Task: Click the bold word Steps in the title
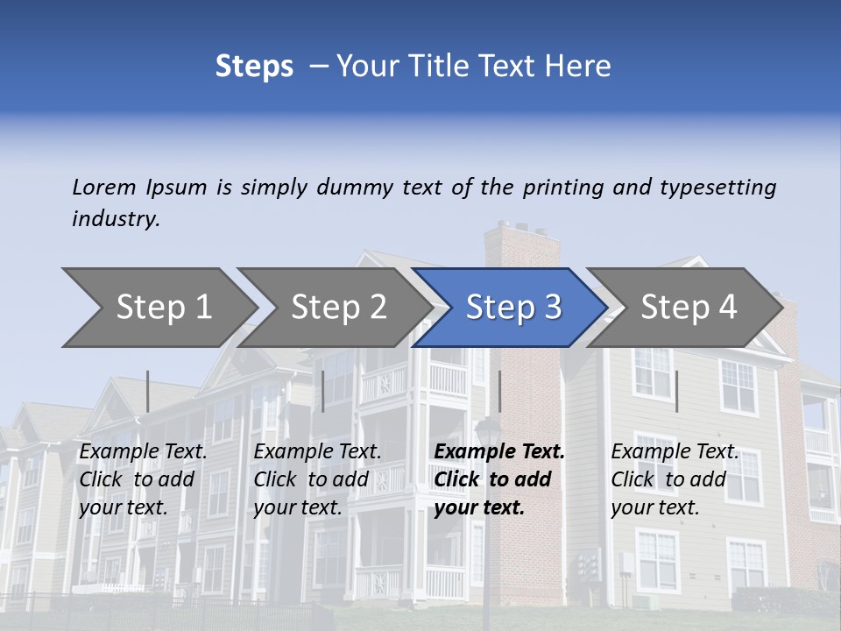coord(254,66)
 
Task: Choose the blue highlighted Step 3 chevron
coord(513,308)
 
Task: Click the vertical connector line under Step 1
coord(147,391)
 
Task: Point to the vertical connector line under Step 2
coord(323,391)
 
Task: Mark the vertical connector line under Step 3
coord(499,391)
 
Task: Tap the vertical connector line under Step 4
coord(676,391)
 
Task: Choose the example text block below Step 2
coord(316,479)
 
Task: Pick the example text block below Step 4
coord(674,479)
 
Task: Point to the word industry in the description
coord(115,219)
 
